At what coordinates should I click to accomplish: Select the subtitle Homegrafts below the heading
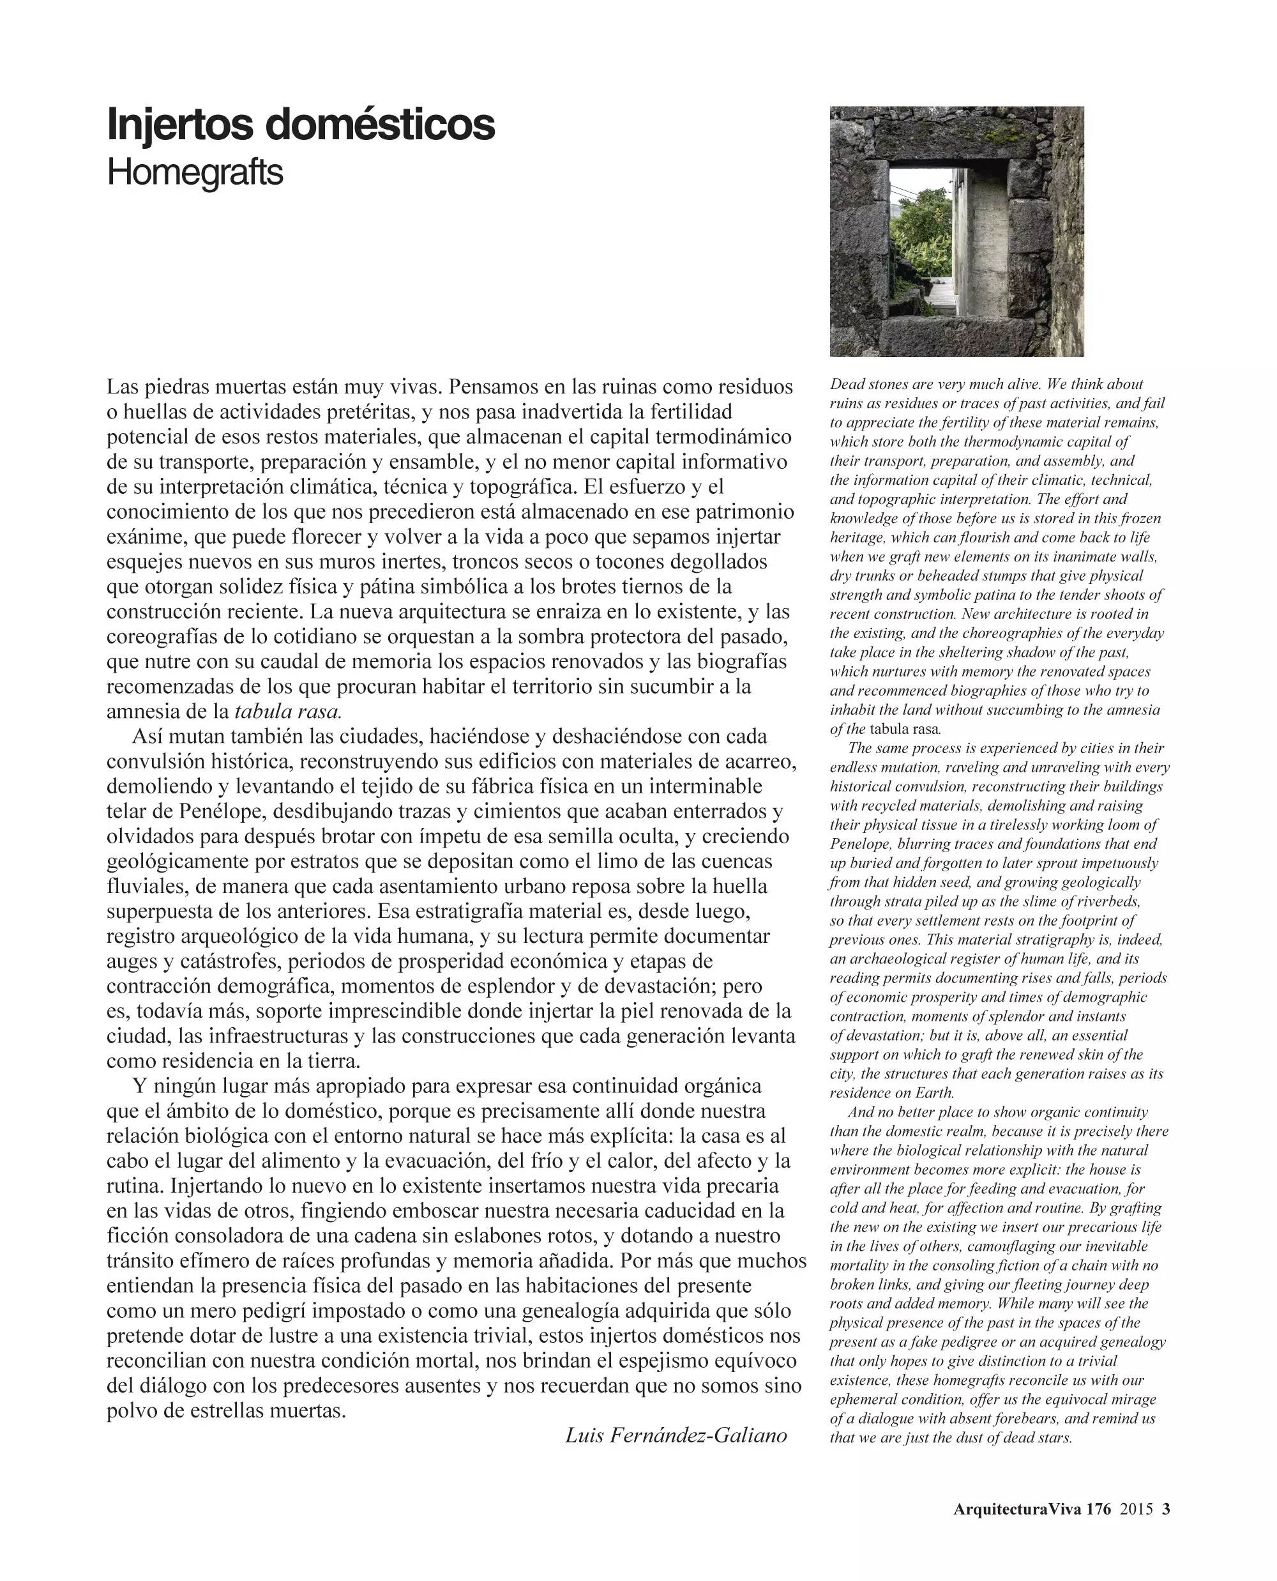click(x=195, y=173)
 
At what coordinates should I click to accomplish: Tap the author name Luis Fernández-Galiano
click(x=676, y=1435)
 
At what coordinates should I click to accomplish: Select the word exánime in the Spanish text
click(x=147, y=537)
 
